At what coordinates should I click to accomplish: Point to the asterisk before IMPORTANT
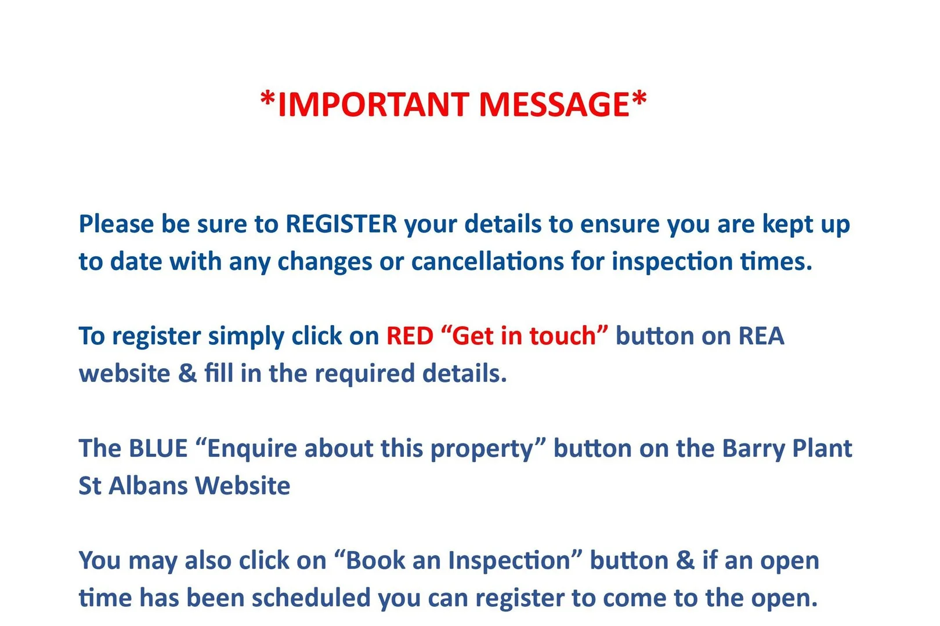click(268, 99)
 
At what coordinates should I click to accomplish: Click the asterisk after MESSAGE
click(639, 99)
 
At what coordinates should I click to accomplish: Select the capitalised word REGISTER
click(341, 224)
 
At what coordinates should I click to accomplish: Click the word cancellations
click(487, 261)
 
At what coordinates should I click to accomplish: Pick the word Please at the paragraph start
click(116, 224)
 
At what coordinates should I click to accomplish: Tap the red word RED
click(410, 336)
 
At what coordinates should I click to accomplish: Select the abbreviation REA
click(761, 336)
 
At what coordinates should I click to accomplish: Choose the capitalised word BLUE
click(158, 448)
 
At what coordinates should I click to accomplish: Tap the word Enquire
click(252, 448)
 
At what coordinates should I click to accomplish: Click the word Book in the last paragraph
click(375, 560)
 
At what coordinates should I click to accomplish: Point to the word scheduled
click(311, 598)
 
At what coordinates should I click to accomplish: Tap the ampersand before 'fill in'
click(187, 374)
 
